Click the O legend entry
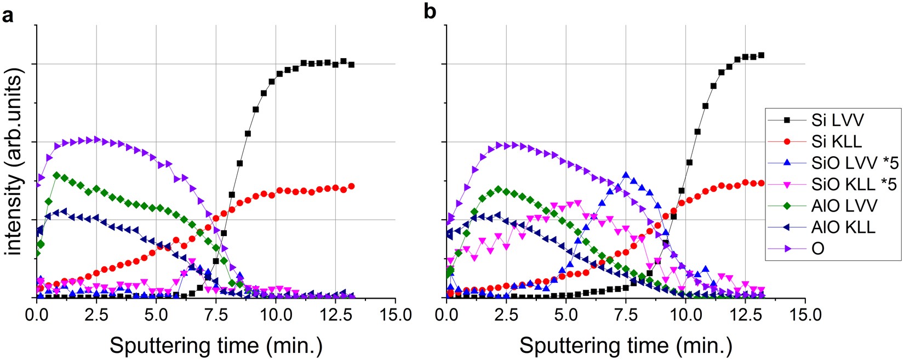817,248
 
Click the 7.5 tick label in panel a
216,315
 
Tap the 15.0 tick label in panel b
805,315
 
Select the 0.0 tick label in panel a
37,315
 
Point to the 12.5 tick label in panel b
745,315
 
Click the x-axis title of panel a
216,345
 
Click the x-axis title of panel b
626,345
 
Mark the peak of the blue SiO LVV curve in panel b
626,175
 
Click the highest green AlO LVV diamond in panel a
56,175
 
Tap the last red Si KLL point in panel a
351,186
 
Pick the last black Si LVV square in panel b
761,55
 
